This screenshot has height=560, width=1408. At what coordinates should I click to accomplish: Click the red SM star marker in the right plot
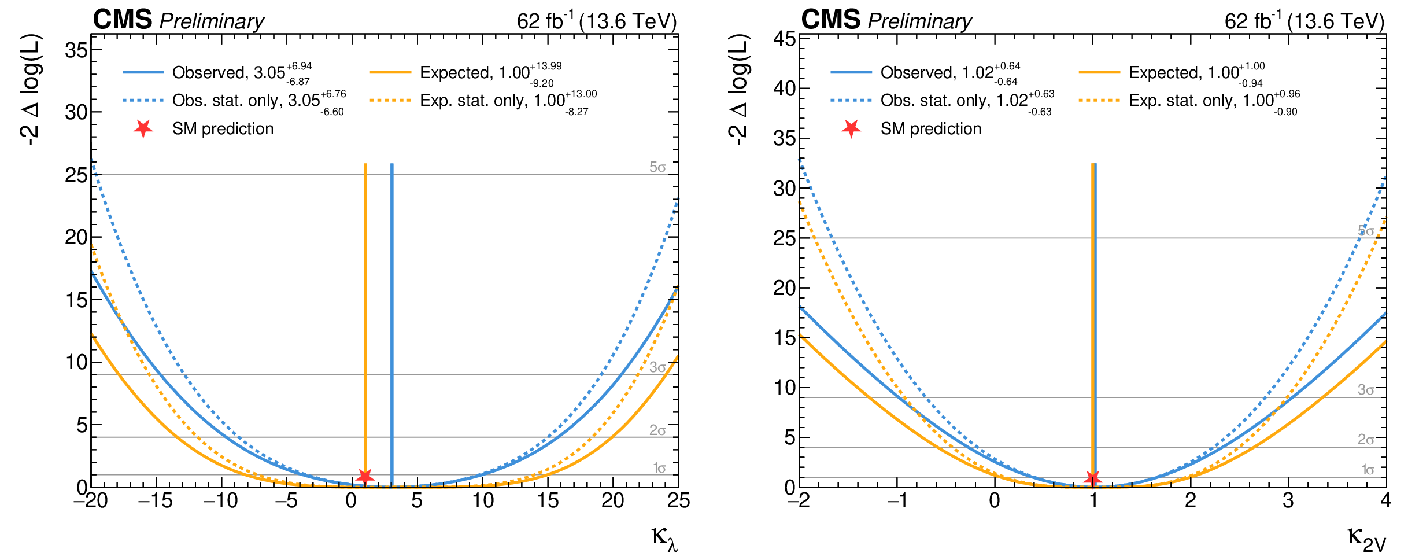[1092, 478]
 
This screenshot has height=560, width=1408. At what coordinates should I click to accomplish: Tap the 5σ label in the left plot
[657, 167]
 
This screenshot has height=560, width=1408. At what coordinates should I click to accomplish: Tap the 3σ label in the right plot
[1366, 390]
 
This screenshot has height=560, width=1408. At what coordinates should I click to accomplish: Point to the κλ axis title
[664, 539]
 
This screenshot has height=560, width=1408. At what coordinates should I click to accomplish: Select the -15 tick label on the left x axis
[155, 500]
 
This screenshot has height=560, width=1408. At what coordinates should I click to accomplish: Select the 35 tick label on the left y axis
[76, 50]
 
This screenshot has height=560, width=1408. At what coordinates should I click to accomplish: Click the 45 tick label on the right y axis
[785, 39]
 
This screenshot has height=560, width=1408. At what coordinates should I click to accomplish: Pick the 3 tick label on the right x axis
[1288, 500]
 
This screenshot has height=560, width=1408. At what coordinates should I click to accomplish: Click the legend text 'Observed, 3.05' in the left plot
[228, 73]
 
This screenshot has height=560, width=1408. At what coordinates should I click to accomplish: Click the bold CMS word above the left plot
[122, 20]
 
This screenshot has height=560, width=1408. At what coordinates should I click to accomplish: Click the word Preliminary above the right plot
[919, 21]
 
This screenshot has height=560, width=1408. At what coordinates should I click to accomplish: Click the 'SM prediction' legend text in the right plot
[930, 128]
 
